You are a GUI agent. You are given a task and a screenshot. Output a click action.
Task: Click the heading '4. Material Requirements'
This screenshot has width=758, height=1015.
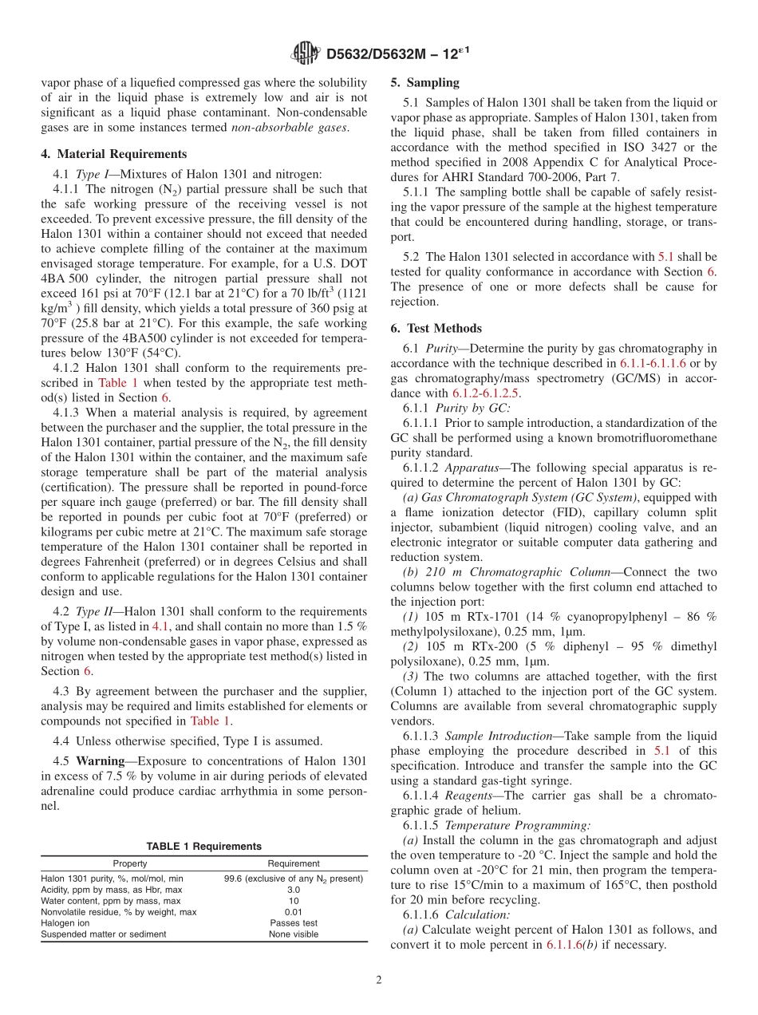(x=114, y=155)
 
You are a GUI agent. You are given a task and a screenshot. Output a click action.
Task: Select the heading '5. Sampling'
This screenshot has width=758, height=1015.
(x=424, y=82)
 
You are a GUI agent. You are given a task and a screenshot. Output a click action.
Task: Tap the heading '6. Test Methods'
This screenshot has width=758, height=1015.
(x=436, y=329)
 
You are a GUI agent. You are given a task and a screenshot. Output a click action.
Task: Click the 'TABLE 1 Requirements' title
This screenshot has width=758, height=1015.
(x=203, y=847)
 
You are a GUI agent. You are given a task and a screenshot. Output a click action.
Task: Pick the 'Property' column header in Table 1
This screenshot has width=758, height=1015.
(x=129, y=863)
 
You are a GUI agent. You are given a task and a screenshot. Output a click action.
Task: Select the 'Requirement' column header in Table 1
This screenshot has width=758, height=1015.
(x=294, y=863)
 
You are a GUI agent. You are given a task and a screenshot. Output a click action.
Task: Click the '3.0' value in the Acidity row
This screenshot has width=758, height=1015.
(x=294, y=890)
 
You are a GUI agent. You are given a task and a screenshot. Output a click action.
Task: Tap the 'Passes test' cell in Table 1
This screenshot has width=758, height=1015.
(x=294, y=923)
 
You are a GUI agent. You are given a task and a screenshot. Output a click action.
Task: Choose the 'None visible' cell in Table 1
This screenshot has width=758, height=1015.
(x=294, y=934)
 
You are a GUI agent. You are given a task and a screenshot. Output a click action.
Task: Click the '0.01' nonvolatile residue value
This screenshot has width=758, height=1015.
(x=294, y=912)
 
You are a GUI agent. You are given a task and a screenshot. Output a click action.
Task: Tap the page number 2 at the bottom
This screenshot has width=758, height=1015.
(x=379, y=980)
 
